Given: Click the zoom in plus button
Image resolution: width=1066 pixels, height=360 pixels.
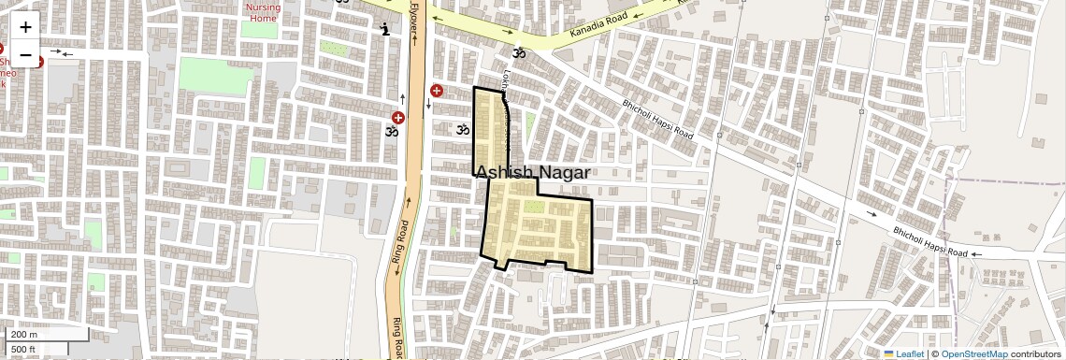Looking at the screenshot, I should coord(25,27).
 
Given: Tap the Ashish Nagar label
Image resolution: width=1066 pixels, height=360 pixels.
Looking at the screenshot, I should coord(533,173).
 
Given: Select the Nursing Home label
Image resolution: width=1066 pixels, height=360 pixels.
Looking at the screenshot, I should coord(264,11).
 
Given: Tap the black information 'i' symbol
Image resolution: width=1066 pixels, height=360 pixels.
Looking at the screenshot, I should coord(385,30).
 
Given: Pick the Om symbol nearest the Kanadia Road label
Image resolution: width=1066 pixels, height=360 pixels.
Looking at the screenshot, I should coord(519,53).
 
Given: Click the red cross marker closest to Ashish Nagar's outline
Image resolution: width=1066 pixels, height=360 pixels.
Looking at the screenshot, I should coord(437,90).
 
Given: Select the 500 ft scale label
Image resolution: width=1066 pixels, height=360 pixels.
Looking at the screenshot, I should coord(23,350).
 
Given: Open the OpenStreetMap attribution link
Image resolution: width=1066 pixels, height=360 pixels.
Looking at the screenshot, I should coord(974,353).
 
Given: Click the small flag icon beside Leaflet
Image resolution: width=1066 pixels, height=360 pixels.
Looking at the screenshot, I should coord(889,353).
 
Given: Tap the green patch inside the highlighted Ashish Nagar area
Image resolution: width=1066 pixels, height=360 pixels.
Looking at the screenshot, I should coord(531,206).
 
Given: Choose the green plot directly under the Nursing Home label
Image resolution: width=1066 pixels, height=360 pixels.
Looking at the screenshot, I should coord(258,29).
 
